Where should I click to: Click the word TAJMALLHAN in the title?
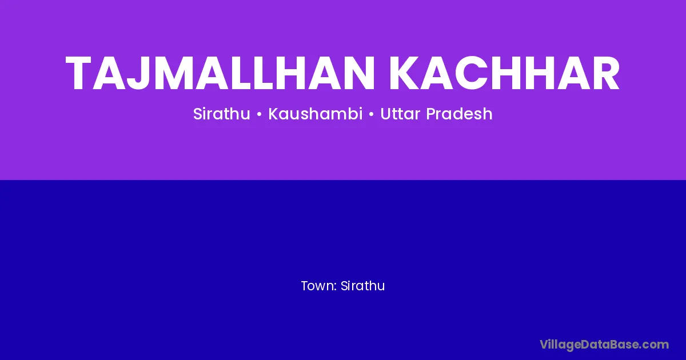coord(220,74)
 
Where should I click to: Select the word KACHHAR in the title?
coord(504,74)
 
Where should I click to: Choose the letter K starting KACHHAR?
coord(405,74)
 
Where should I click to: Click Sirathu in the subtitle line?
coord(222,114)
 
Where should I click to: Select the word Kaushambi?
coord(316,114)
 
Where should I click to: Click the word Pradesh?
coord(460,114)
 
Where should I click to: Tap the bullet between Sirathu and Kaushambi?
coord(260,115)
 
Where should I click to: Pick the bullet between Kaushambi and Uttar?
coord(372,115)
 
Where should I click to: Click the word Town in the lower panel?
coord(318,286)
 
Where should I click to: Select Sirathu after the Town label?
coord(362,286)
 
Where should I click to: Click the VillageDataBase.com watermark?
coord(604,345)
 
